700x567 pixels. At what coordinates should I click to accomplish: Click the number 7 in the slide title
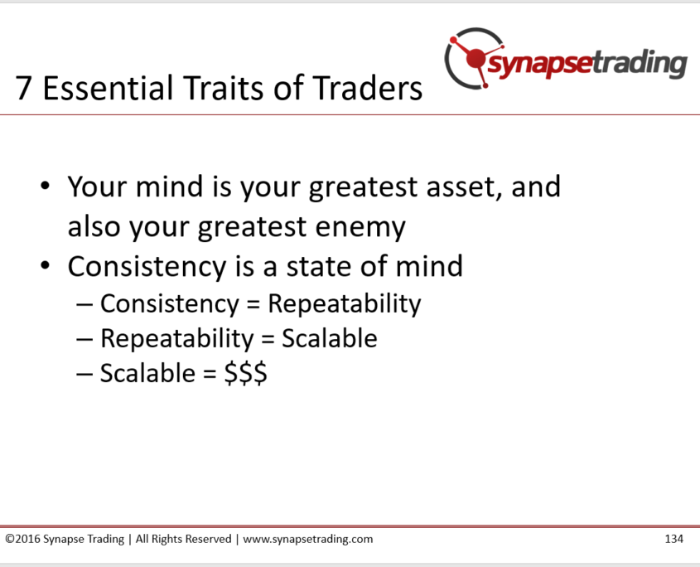[x=22, y=88]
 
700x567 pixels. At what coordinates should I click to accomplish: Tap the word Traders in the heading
[x=367, y=88]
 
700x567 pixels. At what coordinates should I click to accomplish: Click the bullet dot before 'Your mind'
[x=45, y=186]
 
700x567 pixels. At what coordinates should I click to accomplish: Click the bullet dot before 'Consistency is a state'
[x=45, y=265]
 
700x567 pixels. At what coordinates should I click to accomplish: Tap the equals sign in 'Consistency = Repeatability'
[x=253, y=305]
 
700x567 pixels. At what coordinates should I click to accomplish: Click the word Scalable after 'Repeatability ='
[x=330, y=338]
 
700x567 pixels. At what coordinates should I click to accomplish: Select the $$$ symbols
[x=245, y=373]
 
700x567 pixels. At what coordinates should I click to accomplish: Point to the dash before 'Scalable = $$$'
[x=84, y=374]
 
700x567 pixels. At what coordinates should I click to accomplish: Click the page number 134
[x=673, y=539]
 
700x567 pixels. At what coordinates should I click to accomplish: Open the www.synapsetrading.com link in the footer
[x=308, y=540]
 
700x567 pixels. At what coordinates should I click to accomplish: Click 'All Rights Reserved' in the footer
[x=183, y=540]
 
